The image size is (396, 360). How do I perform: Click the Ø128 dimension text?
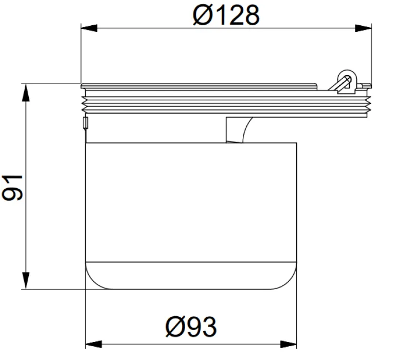(x=226, y=15)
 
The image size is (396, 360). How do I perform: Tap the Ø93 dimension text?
(x=191, y=327)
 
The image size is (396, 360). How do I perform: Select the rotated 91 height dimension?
(x=12, y=187)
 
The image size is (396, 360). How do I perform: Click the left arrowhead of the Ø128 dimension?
(x=89, y=28)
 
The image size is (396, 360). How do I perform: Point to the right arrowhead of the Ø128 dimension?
(x=363, y=28)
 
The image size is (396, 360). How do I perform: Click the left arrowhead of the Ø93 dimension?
(x=94, y=344)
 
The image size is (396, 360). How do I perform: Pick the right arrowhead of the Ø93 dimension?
(x=289, y=344)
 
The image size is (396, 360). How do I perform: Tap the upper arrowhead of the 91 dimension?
(x=26, y=93)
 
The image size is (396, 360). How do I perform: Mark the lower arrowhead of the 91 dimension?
(x=26, y=280)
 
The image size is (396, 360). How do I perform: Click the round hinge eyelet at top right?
(x=347, y=76)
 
